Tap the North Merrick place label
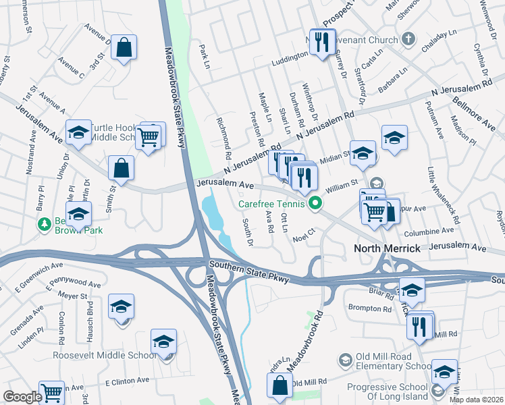[x=387, y=249]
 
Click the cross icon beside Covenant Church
[x=407, y=39]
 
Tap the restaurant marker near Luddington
[x=321, y=42]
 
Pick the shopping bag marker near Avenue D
[x=124, y=48]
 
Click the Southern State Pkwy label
[x=248, y=272]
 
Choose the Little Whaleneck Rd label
[x=442, y=196]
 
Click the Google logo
[x=22, y=397]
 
